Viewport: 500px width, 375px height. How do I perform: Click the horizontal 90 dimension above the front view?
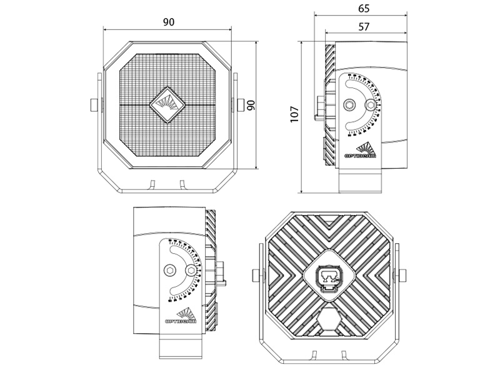pos(168,22)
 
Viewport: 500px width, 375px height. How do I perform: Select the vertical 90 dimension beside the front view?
pos(250,105)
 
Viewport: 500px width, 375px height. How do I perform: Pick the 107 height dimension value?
pos(295,113)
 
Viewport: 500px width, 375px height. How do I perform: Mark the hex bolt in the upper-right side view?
pos(349,104)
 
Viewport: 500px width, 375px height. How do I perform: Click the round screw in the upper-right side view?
pos(371,104)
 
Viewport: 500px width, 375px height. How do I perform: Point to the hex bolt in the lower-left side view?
pos(169,269)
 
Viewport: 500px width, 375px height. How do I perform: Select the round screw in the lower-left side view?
pos(191,270)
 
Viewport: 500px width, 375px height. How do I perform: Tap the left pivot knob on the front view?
pos(92,104)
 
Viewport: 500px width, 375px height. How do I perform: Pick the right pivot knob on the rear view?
pos(403,275)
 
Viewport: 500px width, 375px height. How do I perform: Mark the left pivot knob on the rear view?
pos(254,275)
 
